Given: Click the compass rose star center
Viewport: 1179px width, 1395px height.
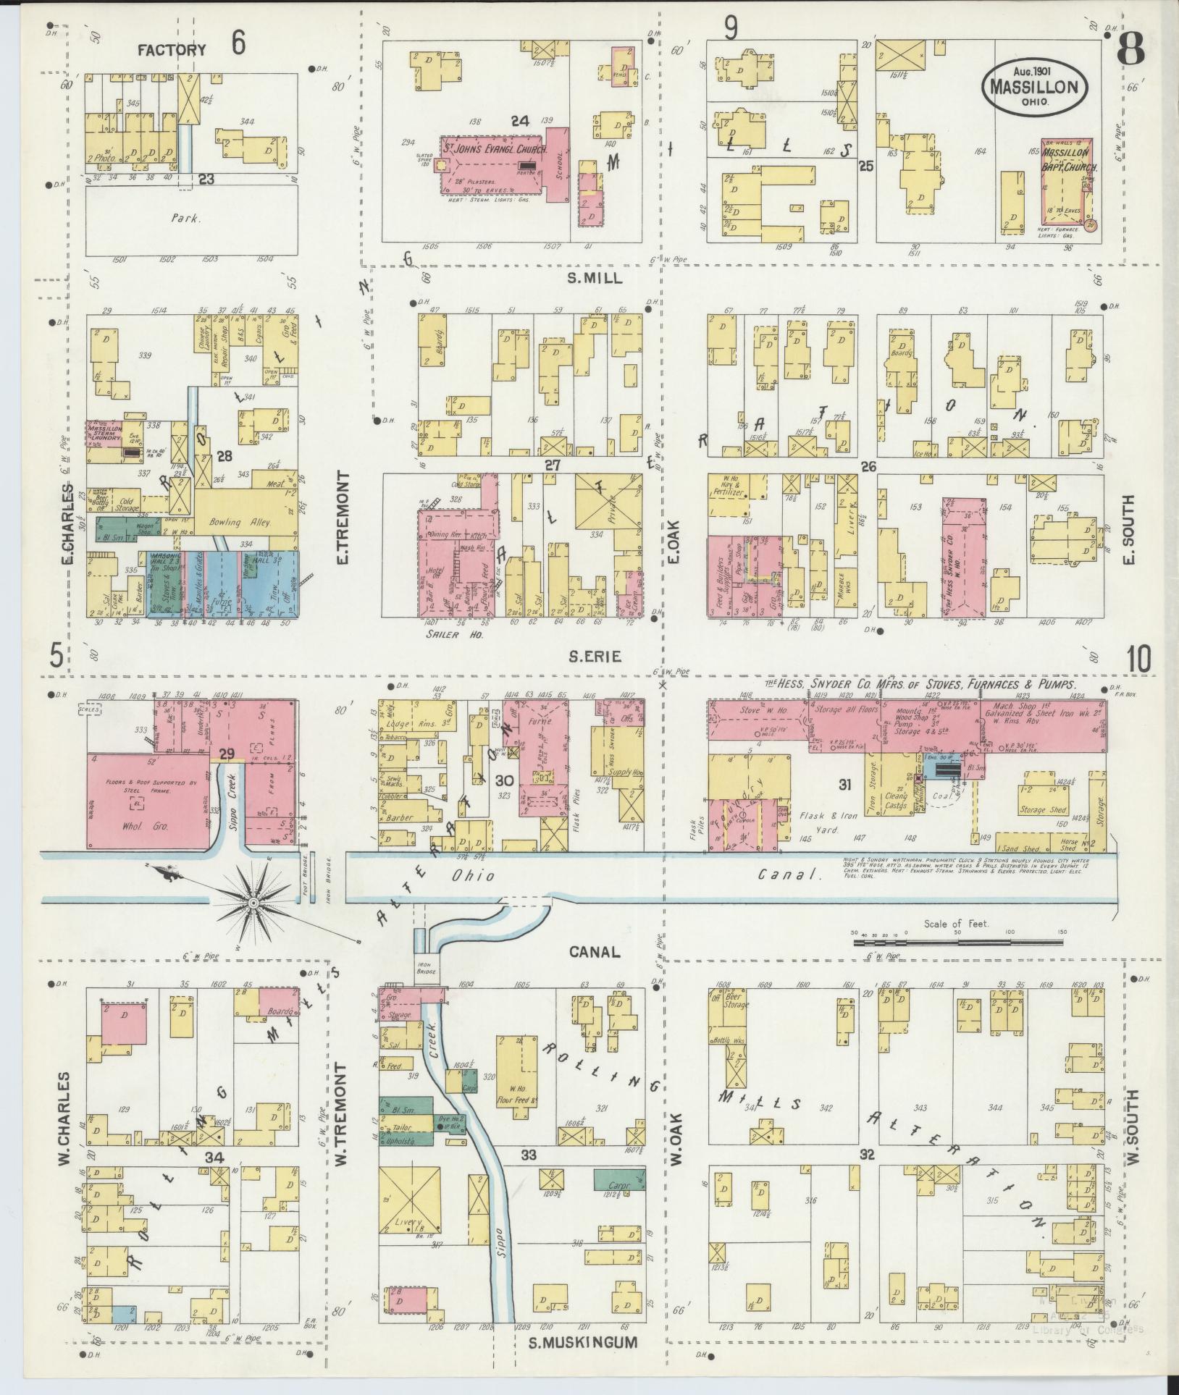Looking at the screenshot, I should (x=254, y=904).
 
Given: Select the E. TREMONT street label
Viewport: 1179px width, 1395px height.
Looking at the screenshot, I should (x=342, y=518).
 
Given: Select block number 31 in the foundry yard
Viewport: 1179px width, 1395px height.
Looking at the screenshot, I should (x=844, y=783).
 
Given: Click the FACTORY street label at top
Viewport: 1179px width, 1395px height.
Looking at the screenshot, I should (x=172, y=50).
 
